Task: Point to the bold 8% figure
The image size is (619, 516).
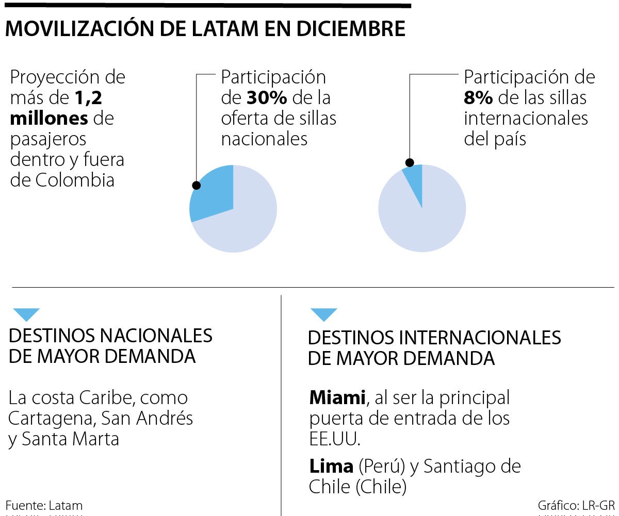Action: [x=478, y=97]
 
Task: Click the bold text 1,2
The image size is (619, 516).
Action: [x=88, y=97]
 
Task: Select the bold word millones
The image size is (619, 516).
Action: [x=50, y=118]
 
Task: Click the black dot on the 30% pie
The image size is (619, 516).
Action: [x=196, y=186]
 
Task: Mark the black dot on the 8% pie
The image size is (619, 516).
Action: [x=410, y=163]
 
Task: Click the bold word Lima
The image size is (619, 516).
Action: [x=331, y=466]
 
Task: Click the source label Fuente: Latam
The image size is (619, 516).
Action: [x=44, y=505]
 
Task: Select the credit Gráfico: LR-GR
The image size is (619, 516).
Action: [x=576, y=505]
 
